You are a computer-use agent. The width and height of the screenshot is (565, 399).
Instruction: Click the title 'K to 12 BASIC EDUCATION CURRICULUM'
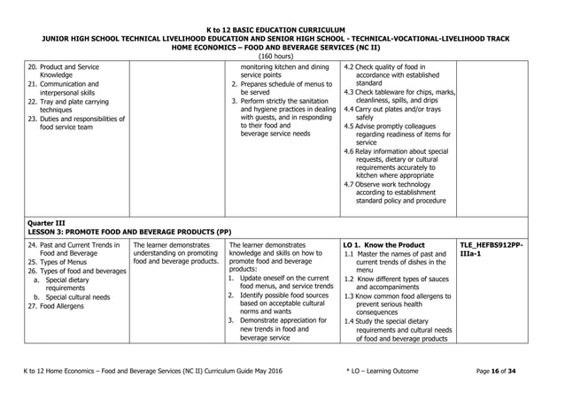282,30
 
